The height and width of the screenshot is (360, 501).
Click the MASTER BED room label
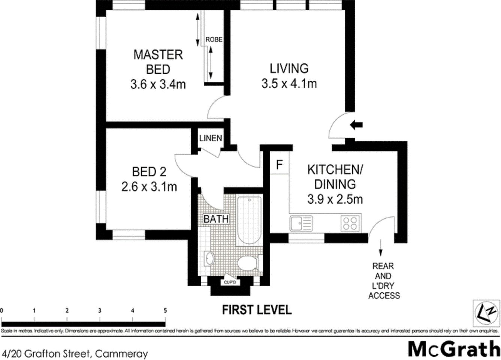pyautogui.click(x=158, y=62)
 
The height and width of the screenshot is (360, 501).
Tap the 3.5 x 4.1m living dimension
pyautogui.click(x=289, y=83)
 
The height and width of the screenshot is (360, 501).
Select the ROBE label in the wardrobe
pyautogui.click(x=214, y=39)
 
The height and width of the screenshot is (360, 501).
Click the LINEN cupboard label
pyautogui.click(x=210, y=138)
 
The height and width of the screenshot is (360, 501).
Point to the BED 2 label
pyautogui.click(x=149, y=172)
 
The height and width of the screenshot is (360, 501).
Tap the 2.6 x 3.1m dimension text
pyautogui.click(x=149, y=186)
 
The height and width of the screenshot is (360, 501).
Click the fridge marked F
pyautogui.click(x=279, y=165)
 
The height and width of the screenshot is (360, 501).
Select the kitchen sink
pyautogui.click(x=301, y=223)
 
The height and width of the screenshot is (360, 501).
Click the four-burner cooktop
pyautogui.click(x=350, y=223)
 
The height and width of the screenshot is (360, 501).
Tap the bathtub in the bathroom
pyautogui.click(x=249, y=220)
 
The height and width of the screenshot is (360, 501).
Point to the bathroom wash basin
pyautogui.click(x=209, y=258)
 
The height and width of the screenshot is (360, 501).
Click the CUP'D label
pyautogui.click(x=230, y=282)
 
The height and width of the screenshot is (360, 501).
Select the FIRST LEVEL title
pyautogui.click(x=257, y=310)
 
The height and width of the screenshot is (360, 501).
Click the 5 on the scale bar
pyautogui.click(x=165, y=310)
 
